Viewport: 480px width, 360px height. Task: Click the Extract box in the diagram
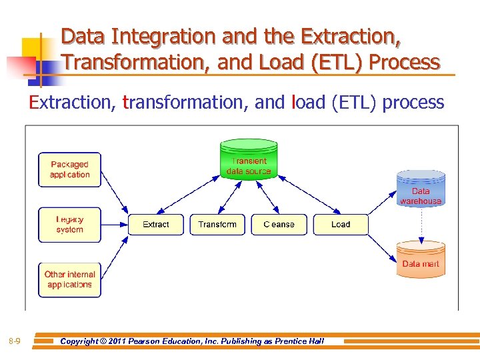click(155, 225)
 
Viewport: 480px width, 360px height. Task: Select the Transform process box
click(217, 225)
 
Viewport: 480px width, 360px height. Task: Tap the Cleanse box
click(279, 225)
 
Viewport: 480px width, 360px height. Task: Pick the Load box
click(340, 225)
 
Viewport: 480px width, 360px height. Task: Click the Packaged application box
click(69, 169)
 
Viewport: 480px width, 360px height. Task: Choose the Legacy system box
click(69, 225)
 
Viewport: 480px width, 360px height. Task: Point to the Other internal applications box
click(69, 279)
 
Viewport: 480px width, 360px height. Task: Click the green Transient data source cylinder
click(249, 160)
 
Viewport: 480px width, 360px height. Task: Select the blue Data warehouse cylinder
click(421, 189)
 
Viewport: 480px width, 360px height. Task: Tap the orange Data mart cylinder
click(421, 260)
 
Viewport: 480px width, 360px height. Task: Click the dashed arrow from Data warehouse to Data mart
click(421, 224)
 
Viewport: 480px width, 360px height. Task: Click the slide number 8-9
click(15, 342)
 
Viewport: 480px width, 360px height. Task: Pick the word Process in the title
click(405, 62)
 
